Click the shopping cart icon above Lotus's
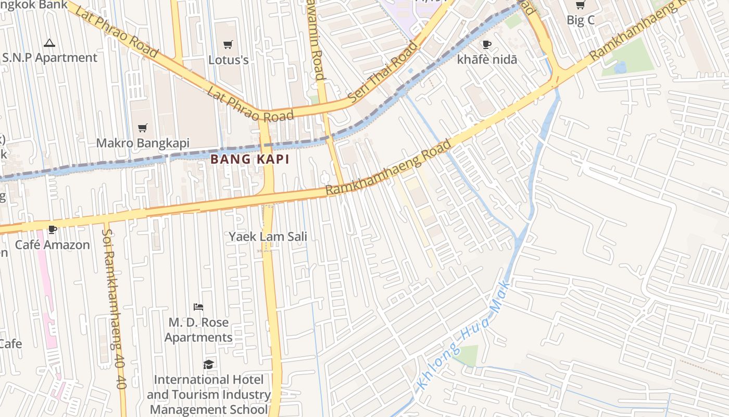228,44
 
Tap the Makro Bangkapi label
143,143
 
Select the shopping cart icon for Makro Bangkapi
142,128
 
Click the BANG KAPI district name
250,160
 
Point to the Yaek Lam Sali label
268,237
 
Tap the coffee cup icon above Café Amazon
52,229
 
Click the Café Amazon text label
52,244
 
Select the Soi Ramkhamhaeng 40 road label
114,308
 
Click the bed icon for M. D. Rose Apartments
198,307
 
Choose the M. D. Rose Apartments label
198,330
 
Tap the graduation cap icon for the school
208,364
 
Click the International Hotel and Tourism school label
208,395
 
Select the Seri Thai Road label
383,70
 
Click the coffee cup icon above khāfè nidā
487,44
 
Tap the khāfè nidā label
487,59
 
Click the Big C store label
580,20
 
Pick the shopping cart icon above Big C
580,5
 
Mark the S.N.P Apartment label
49,57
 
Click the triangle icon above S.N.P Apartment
49,43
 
